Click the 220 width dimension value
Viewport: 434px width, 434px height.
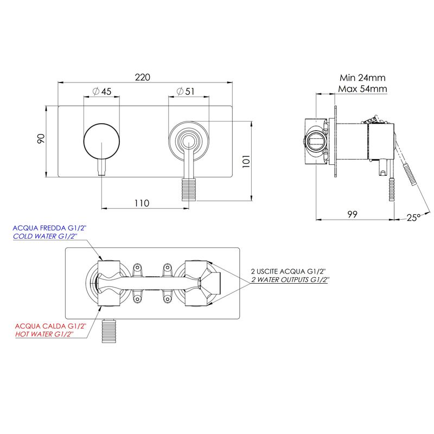[x=143, y=77]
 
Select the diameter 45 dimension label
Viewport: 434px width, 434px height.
[x=102, y=91]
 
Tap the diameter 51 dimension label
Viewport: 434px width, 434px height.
[x=186, y=91]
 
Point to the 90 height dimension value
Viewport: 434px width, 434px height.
[x=41, y=138]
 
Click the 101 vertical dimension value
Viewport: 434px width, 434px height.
[x=246, y=161]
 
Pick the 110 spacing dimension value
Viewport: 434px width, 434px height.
[x=142, y=203]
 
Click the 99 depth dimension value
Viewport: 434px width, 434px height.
[x=352, y=214]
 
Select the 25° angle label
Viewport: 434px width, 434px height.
[x=414, y=218]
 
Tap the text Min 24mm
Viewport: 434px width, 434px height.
[x=362, y=78]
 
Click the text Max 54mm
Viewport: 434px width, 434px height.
[x=362, y=89]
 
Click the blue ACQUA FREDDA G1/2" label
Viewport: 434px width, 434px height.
[x=49, y=228]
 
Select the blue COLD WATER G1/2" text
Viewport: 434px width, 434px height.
[x=45, y=236]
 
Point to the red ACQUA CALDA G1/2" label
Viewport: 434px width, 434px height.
[x=50, y=326]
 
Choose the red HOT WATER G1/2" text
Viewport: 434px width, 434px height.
[x=44, y=334]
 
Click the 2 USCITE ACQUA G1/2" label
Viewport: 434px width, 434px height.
[x=288, y=272]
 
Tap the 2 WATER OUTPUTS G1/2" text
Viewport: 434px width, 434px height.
[x=290, y=279]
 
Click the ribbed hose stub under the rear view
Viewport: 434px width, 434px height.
[x=109, y=331]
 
